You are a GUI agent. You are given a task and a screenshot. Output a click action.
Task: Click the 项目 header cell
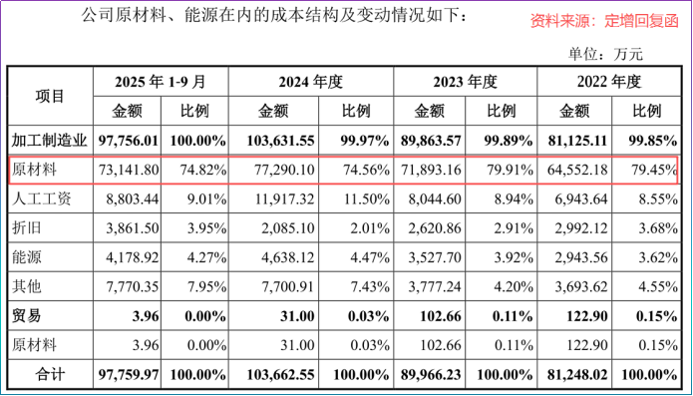tap(49, 96)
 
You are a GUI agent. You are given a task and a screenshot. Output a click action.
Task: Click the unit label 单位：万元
tap(605, 54)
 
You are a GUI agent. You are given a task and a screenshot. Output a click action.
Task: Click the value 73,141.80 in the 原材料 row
tap(129, 170)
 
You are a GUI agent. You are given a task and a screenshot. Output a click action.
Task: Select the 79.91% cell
tap(508, 170)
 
